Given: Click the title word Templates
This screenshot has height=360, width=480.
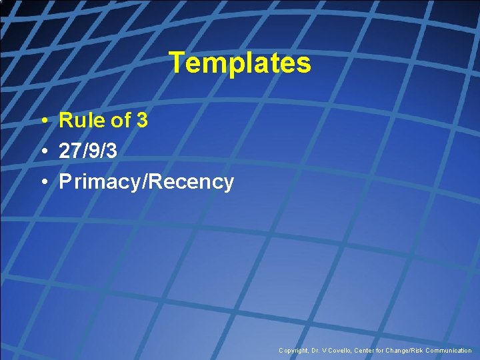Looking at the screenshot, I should click(x=240, y=63).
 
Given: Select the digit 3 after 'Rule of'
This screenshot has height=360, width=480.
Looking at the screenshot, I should click(x=141, y=121).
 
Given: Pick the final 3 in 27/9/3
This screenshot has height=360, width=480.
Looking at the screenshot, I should click(x=111, y=151).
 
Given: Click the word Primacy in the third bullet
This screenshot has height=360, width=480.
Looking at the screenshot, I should click(x=97, y=182).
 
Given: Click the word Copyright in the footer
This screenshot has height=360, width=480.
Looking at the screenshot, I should click(x=294, y=351).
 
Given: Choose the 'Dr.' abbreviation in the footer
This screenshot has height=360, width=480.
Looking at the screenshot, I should click(x=316, y=351).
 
